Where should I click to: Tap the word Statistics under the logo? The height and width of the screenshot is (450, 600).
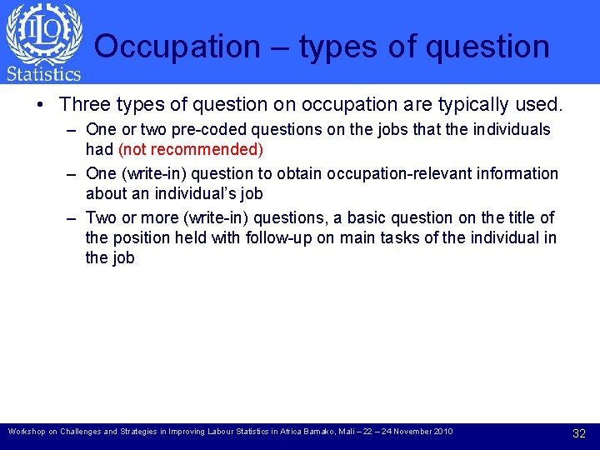tap(43, 74)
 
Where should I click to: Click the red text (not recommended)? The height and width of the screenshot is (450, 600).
tap(191, 149)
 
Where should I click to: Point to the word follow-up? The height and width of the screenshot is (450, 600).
tap(281, 237)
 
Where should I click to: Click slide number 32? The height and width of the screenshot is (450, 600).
tap(579, 432)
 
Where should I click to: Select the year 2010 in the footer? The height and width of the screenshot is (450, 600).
tap(442, 432)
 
